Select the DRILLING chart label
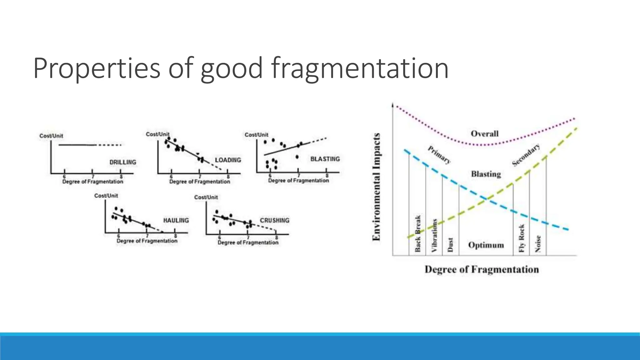click(123, 162)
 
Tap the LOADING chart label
click(228, 160)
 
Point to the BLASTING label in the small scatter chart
click(325, 159)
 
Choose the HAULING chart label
click(176, 220)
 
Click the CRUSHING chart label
click(275, 220)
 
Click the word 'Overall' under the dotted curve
click(484, 134)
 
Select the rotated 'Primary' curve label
click(439, 155)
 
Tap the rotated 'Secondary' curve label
click(526, 155)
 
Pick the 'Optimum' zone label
click(486, 245)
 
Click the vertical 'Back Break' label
click(418, 233)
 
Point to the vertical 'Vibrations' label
click(434, 235)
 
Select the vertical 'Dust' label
click(450, 245)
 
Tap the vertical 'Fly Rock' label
click(521, 238)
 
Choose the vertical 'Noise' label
click(538, 243)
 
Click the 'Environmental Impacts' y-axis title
click(377, 187)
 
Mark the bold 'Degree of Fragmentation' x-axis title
click(482, 269)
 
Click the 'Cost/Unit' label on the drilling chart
click(51, 136)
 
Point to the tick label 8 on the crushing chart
click(277, 238)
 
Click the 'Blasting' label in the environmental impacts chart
click(486, 174)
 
